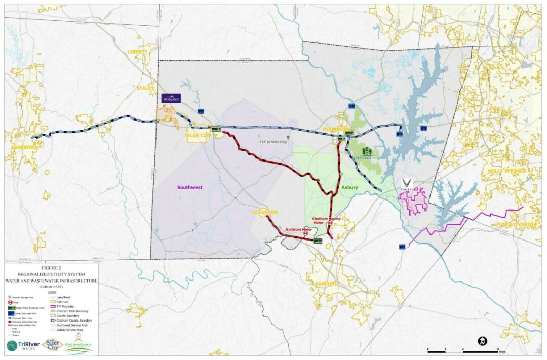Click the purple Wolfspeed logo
[170, 99]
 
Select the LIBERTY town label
[138, 52]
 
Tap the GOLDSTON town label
[265, 212]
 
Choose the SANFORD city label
[326, 284]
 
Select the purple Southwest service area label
[190, 187]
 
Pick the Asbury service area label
[349, 188]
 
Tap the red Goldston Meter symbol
[306, 234]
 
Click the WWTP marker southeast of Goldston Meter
[318, 242]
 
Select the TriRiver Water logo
[23, 346]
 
